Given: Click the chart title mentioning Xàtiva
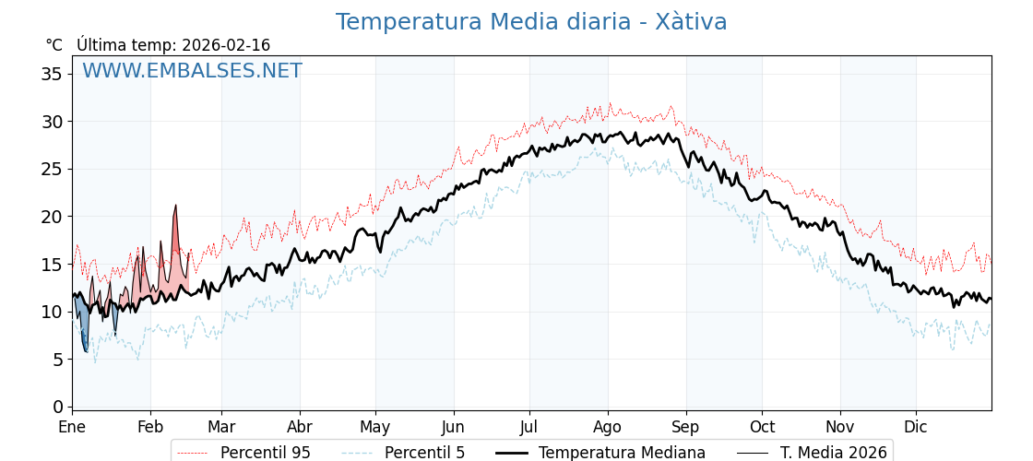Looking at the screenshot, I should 531,22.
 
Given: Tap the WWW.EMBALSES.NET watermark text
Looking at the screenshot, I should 192,71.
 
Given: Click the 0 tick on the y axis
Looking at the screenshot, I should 58,407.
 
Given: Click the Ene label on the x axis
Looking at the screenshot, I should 72,427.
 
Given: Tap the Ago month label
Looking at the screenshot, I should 608,427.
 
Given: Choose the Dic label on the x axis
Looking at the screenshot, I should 916,427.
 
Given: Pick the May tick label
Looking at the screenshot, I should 375,427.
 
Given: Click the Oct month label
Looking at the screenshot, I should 762,427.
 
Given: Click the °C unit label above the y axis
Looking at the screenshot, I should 53,45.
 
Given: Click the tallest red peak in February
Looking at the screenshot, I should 175,207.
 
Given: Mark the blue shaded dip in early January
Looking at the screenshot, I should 83,327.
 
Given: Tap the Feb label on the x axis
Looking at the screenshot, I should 150,427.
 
